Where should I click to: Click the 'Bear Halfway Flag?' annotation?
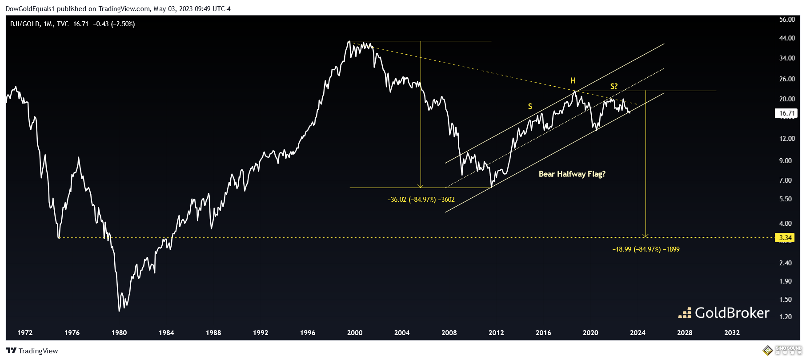(x=572, y=174)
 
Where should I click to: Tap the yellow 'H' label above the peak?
(x=573, y=80)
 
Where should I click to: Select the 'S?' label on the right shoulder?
(x=614, y=86)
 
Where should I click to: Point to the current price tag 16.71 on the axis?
(x=786, y=113)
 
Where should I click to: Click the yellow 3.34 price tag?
(x=786, y=238)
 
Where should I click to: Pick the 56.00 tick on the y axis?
(x=787, y=20)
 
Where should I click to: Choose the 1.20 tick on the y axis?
(x=786, y=317)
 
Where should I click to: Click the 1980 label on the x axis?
(x=119, y=333)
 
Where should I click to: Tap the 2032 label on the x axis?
(x=732, y=333)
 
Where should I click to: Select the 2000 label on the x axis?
(x=355, y=333)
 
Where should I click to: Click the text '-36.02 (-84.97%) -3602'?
(x=421, y=200)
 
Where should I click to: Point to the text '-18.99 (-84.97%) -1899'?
(x=646, y=249)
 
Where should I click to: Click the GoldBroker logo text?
(x=731, y=313)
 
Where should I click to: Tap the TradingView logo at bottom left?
(x=32, y=351)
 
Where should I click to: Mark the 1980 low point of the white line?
(x=119, y=311)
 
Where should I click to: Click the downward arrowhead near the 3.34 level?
(x=646, y=235)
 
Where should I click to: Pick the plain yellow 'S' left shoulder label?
(x=530, y=106)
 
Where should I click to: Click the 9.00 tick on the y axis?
(x=786, y=161)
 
